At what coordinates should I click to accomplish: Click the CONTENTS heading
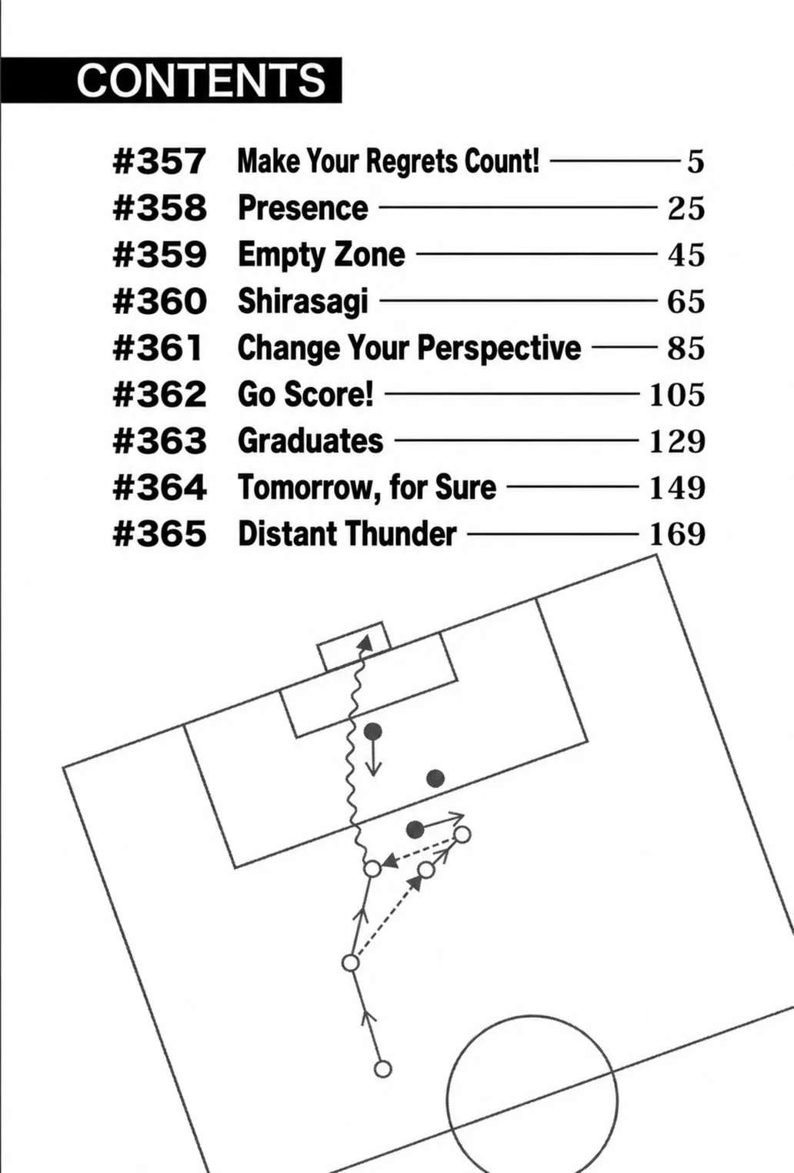(201, 80)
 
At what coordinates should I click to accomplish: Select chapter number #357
(159, 162)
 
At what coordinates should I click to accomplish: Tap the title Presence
(303, 208)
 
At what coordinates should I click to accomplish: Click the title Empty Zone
(322, 255)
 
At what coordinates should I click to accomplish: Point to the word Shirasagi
(303, 302)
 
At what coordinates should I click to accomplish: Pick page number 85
(686, 348)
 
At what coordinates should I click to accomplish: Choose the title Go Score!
(305, 394)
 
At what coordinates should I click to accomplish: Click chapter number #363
(159, 441)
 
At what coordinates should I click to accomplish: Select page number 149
(677, 487)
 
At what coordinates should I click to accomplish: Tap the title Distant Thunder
(347, 534)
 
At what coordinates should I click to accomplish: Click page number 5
(695, 162)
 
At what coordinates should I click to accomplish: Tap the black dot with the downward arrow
(372, 731)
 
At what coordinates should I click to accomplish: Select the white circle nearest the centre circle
(383, 1069)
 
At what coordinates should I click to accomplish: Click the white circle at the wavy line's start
(372, 869)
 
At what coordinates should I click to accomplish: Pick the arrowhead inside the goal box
(365, 643)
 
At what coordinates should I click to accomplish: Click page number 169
(677, 534)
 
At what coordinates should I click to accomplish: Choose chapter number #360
(159, 302)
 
